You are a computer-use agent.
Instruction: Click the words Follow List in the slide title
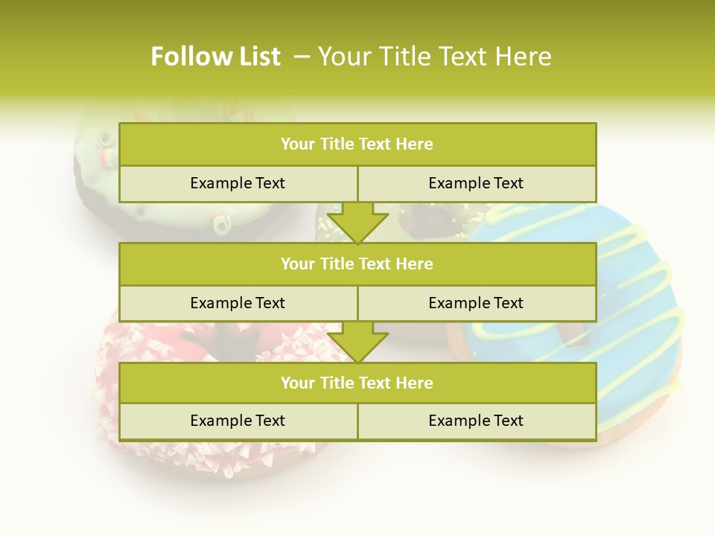(215, 57)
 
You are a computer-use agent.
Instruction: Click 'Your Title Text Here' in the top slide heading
(434, 57)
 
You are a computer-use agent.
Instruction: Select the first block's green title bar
(357, 144)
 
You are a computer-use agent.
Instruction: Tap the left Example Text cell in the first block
(238, 183)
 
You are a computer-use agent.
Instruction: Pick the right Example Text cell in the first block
(476, 183)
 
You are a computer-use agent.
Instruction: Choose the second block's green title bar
(357, 264)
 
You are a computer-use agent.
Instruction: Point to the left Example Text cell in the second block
(238, 303)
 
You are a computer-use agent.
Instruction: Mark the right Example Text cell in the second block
(476, 303)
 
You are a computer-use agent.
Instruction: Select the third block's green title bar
(357, 383)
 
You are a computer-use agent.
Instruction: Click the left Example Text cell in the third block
(238, 421)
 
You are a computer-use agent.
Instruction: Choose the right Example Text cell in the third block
(476, 421)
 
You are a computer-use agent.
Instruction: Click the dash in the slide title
(302, 57)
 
